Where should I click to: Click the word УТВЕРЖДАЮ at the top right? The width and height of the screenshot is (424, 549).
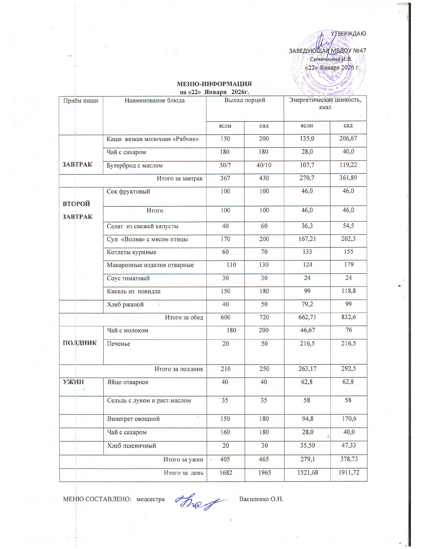point(348,33)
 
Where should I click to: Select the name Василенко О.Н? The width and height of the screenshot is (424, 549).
point(261,499)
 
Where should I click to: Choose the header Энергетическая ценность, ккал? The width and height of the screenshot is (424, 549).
point(325,103)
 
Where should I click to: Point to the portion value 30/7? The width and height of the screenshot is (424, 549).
point(225,165)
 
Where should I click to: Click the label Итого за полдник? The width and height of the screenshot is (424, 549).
point(179,369)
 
